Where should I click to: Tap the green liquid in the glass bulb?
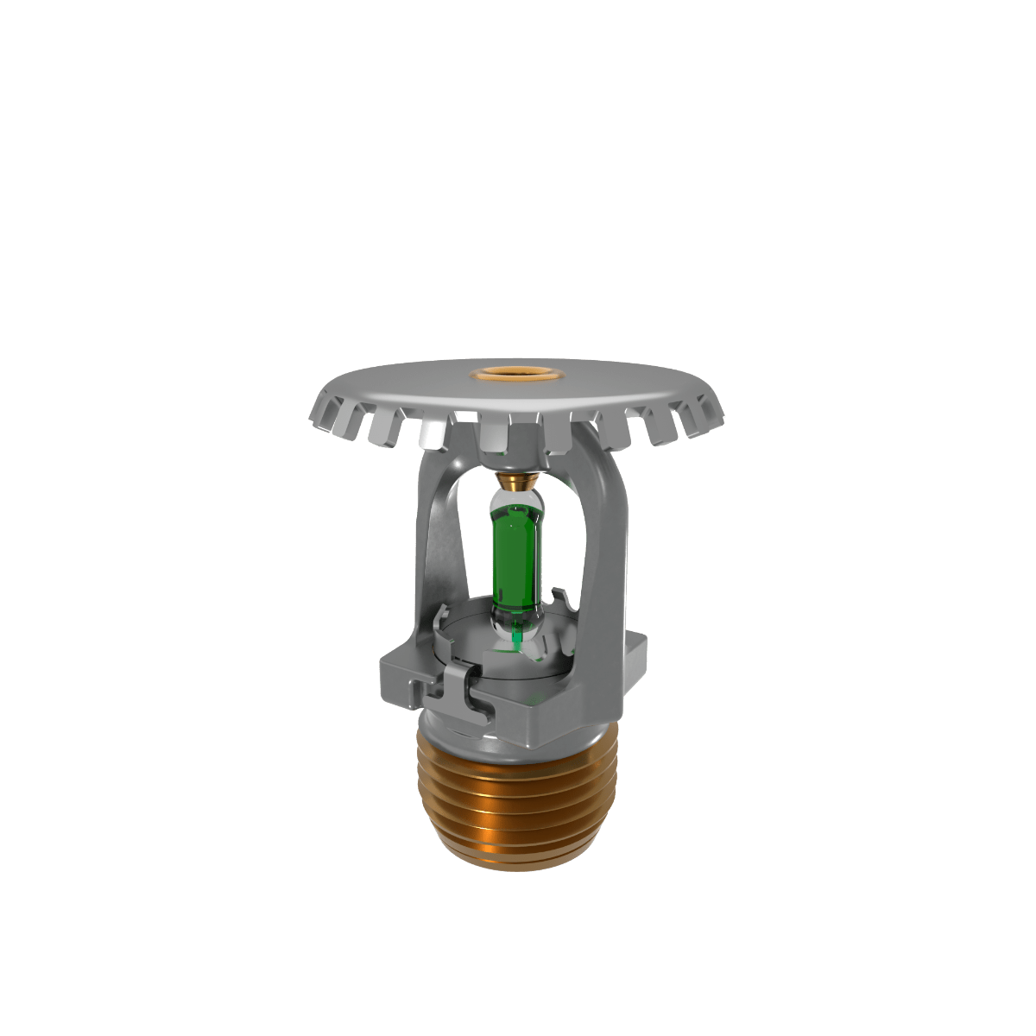click(515, 553)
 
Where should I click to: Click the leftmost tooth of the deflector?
click(325, 415)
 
